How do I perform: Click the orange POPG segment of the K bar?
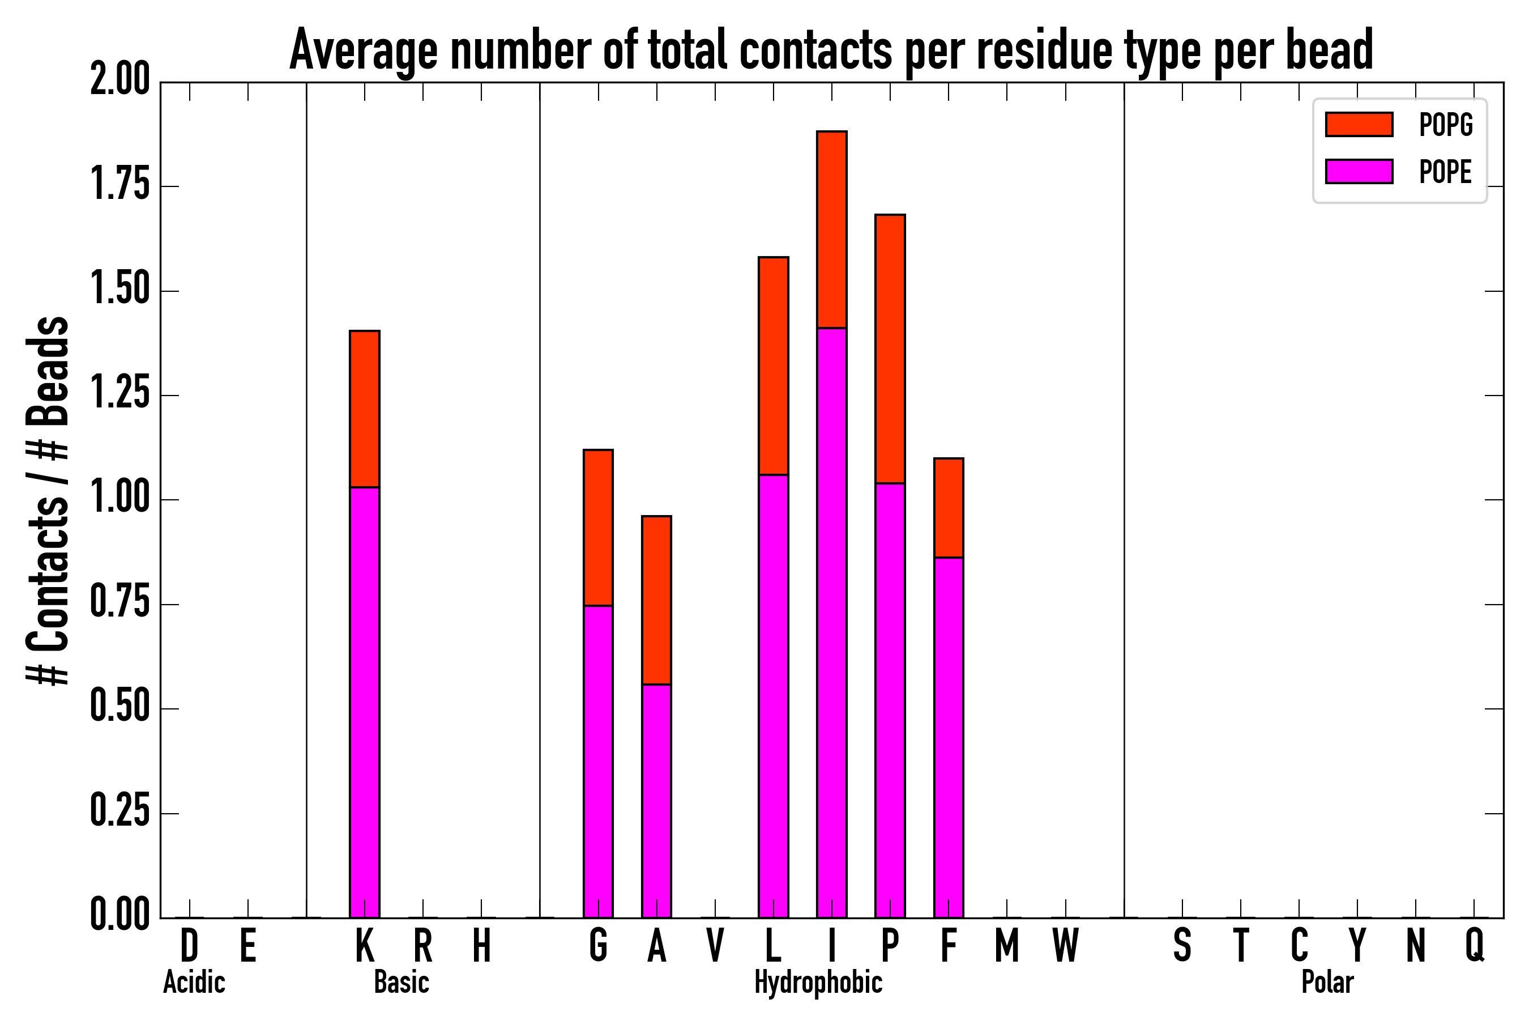(x=365, y=409)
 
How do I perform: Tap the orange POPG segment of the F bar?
(x=949, y=507)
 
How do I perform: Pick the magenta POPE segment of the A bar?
(x=656, y=801)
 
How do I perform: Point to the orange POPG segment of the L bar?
(x=773, y=365)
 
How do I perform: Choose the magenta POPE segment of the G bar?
(x=598, y=761)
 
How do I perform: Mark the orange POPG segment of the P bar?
(x=890, y=348)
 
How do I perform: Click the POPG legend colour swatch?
(x=1359, y=124)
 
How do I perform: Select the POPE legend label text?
(x=1445, y=172)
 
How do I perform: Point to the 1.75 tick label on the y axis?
(x=120, y=185)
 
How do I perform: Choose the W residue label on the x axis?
(x=1066, y=945)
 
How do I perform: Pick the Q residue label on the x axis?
(x=1475, y=945)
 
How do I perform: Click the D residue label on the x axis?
(x=189, y=945)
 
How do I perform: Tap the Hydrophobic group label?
(x=818, y=982)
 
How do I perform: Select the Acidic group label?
(x=194, y=982)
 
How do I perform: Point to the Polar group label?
(x=1327, y=982)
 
